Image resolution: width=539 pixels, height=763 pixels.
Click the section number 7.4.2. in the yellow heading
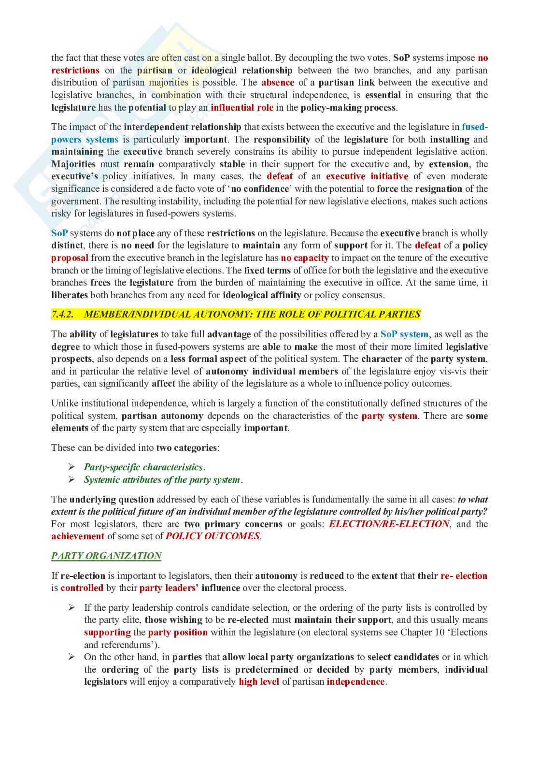(x=62, y=315)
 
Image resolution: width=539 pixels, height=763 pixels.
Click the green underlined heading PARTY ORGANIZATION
(x=106, y=556)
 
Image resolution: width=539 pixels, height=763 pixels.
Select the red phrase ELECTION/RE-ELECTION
(x=389, y=524)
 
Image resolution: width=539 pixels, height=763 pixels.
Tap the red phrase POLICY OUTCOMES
(x=213, y=536)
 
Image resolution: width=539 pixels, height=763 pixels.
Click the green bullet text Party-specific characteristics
(x=143, y=467)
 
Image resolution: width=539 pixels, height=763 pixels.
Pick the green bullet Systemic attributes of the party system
(x=162, y=480)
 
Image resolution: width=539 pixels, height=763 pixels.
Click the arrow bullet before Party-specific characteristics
(x=71, y=467)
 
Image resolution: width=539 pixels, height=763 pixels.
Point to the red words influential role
(x=242, y=108)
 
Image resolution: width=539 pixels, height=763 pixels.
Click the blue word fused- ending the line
(x=474, y=127)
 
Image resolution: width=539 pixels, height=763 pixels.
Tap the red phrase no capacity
(x=305, y=258)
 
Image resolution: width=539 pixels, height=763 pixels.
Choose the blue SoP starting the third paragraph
(x=59, y=233)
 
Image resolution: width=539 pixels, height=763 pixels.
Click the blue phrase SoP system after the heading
(x=404, y=334)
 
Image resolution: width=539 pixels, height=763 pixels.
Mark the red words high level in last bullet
(x=259, y=682)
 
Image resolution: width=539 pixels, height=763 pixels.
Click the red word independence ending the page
(x=355, y=682)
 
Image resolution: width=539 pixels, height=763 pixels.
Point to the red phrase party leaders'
(x=169, y=588)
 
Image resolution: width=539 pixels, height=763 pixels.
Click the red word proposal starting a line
(x=70, y=258)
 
